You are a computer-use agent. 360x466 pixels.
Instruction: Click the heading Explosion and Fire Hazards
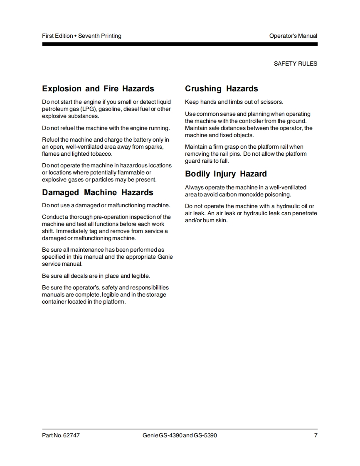pyautogui.click(x=98, y=89)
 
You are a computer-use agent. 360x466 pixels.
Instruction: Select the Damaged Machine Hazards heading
pyautogui.click(x=98, y=193)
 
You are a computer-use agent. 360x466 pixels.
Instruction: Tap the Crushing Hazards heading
pyautogui.click(x=222, y=89)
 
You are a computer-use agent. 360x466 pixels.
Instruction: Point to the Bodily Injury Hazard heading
pyautogui.click(x=226, y=174)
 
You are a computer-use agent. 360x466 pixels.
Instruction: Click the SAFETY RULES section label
pyautogui.click(x=295, y=64)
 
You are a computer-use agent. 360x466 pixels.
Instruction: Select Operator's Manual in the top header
pyautogui.click(x=293, y=36)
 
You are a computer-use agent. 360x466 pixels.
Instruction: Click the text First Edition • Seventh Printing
pyautogui.click(x=82, y=36)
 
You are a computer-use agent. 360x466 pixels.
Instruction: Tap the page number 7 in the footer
pyautogui.click(x=316, y=436)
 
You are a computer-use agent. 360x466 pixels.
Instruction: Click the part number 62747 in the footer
pyautogui.click(x=71, y=436)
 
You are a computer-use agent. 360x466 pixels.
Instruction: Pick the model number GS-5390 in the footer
pyautogui.click(x=205, y=436)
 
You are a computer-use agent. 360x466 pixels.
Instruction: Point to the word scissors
pyautogui.click(x=271, y=102)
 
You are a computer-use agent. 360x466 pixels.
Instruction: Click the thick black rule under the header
pyautogui.click(x=180, y=44)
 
